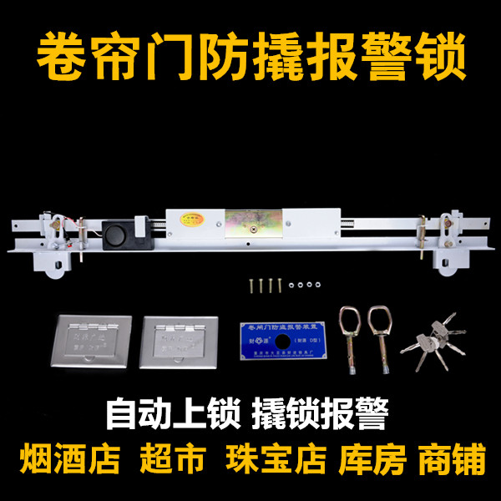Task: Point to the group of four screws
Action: (x=264, y=286)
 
